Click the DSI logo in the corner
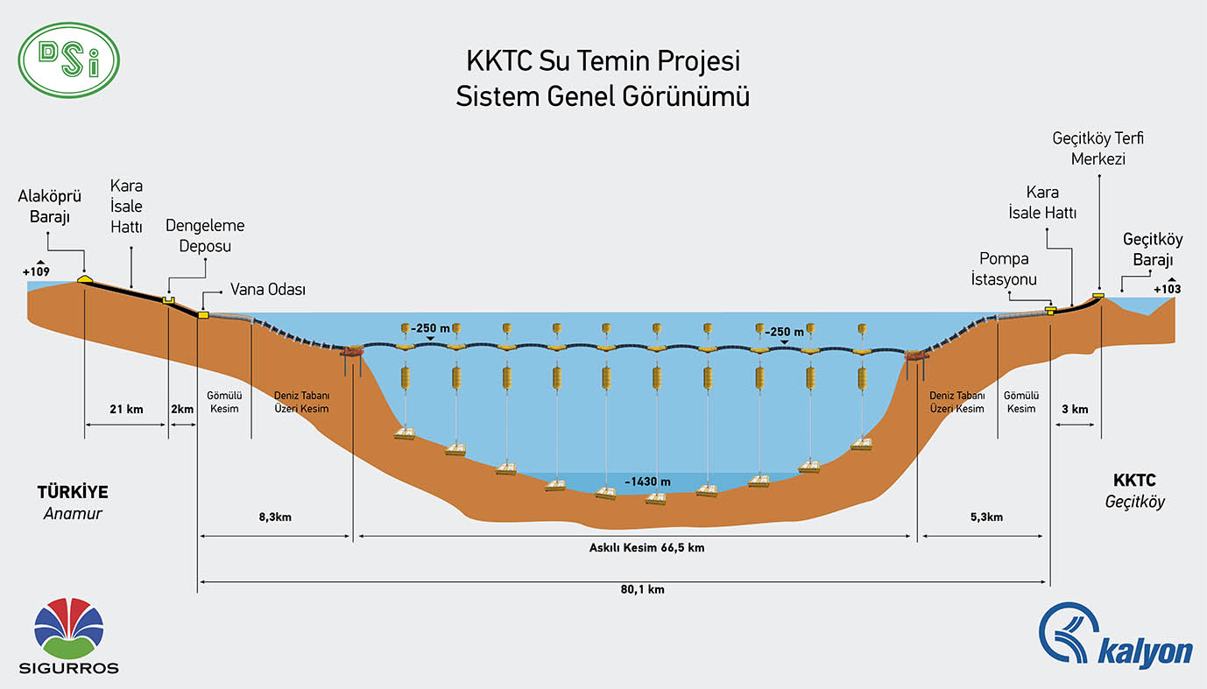coord(68,60)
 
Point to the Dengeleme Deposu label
coord(205,236)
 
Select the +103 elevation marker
coord(1167,289)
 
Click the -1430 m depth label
coord(647,482)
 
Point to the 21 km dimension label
coord(127,409)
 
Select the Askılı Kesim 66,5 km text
coord(635,548)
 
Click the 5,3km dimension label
coord(986,517)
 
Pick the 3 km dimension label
coord(1074,409)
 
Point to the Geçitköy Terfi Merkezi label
coord(1098,149)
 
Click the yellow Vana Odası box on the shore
coord(203,314)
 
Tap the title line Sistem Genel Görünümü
coord(603,96)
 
